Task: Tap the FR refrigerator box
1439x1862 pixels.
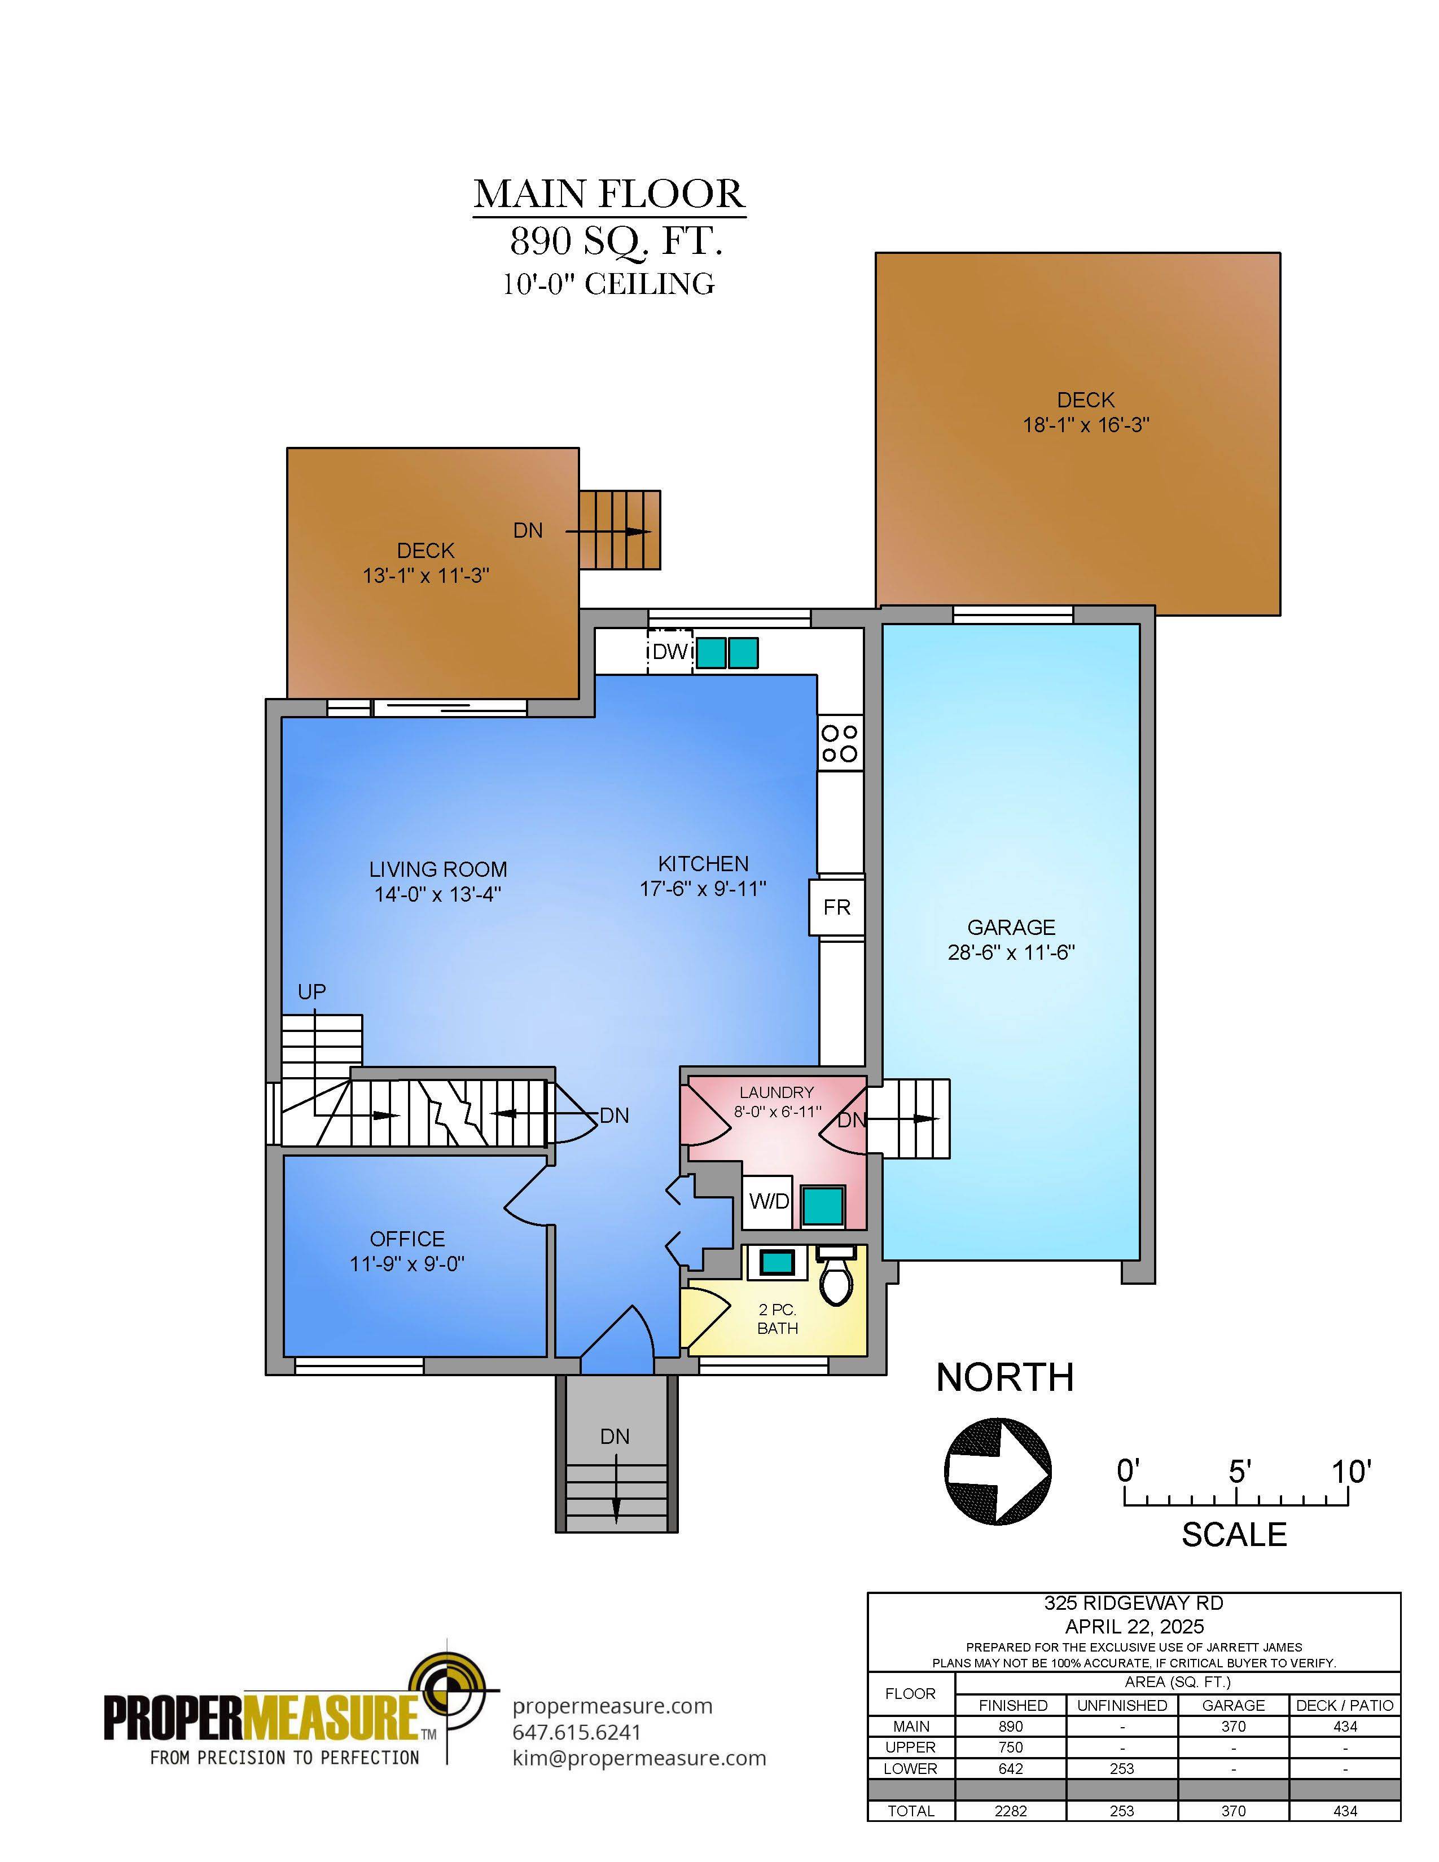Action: (836, 907)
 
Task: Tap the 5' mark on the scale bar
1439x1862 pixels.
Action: (1239, 1472)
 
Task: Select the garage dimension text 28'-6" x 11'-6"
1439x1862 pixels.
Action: (1011, 952)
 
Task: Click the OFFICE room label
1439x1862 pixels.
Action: (407, 1239)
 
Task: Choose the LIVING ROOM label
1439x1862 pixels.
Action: (438, 869)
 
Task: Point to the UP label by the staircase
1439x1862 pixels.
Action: (312, 991)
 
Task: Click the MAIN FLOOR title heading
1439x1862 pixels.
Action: (609, 195)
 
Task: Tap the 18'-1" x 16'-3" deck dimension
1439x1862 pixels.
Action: (1086, 424)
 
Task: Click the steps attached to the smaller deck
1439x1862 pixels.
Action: (620, 529)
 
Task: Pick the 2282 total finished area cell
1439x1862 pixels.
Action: (1011, 1811)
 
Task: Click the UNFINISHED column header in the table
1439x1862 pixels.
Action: (1122, 1705)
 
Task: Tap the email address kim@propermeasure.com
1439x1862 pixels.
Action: (639, 1758)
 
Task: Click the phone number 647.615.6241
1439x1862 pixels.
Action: (577, 1732)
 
